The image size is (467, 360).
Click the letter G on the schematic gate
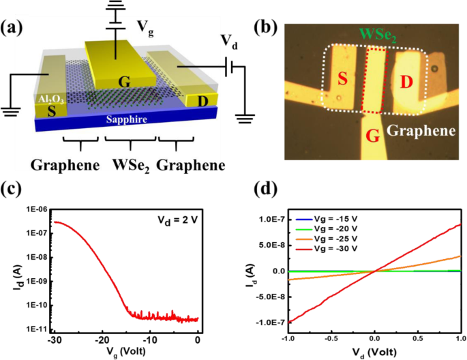click(x=125, y=82)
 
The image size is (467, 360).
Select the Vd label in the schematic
click(x=230, y=41)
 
